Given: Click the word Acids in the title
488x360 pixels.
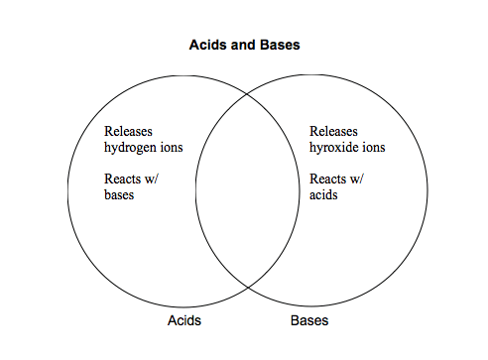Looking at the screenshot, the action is (x=207, y=45).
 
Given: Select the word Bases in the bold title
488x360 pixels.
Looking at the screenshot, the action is (x=280, y=45).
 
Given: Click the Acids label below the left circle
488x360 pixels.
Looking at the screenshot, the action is (x=184, y=320).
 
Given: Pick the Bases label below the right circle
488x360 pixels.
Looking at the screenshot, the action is (x=309, y=320).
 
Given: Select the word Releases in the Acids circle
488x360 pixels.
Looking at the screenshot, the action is (x=128, y=131).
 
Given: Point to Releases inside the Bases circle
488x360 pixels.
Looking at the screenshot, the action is (x=333, y=131).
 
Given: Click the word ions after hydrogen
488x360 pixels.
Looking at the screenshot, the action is (x=172, y=147).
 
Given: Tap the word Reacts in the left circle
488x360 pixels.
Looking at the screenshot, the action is (x=123, y=179).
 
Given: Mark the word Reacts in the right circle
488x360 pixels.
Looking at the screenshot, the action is (x=328, y=179).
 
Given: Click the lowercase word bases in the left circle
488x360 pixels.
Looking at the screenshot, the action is (x=119, y=194).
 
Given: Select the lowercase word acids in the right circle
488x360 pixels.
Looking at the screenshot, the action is (x=323, y=194).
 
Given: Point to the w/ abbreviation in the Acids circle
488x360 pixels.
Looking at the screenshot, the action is (x=152, y=180).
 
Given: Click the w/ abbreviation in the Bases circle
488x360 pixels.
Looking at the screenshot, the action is (x=357, y=180).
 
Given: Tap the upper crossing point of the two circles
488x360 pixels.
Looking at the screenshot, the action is (x=247, y=94).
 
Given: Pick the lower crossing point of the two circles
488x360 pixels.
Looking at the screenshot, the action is (x=248, y=288).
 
